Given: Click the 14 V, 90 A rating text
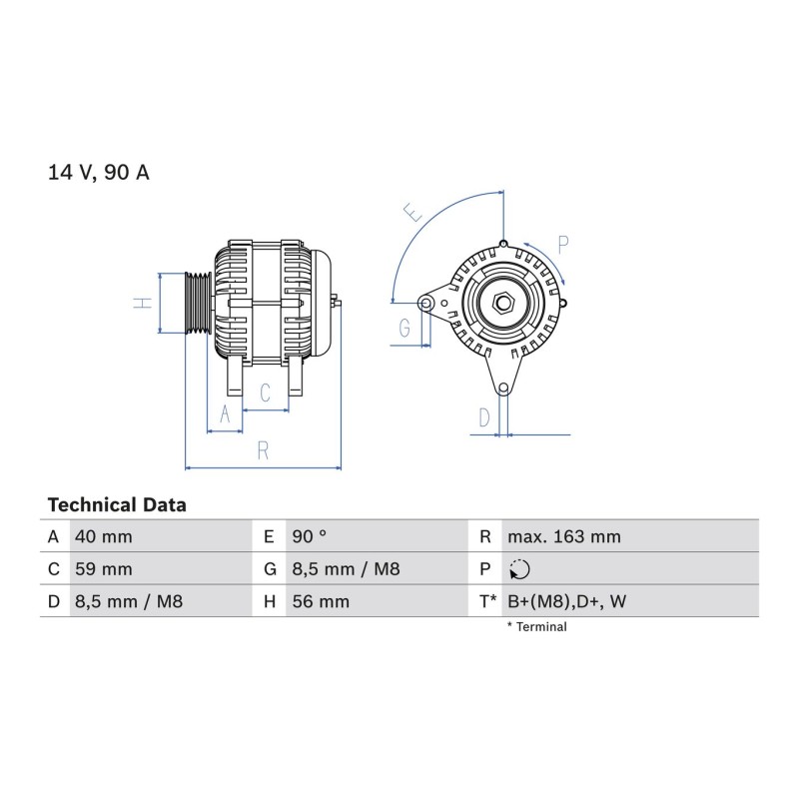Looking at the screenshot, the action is click(98, 172).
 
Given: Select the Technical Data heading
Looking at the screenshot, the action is click(117, 505).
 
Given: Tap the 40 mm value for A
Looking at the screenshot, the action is click(104, 536).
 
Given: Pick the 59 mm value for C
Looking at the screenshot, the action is click(104, 568).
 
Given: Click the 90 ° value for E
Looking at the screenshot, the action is click(310, 536).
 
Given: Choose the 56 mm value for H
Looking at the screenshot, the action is click(321, 601).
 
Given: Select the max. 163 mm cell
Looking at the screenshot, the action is click(564, 536).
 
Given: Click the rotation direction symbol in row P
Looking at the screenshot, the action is click(519, 569).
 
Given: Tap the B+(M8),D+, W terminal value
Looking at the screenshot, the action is click(567, 601).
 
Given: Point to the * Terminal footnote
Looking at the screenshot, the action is click(537, 627).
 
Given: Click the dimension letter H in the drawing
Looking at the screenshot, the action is click(143, 303).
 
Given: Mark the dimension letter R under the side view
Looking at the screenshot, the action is click(263, 450).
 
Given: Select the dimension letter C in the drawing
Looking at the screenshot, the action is click(265, 393).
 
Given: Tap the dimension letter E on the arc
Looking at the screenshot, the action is click(412, 212).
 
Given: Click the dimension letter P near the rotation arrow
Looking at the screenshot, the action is click(562, 245).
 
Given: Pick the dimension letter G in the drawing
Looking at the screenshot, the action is click(404, 328).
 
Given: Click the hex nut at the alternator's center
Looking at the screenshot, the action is click(503, 303).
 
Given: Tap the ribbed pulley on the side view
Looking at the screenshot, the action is click(198, 303).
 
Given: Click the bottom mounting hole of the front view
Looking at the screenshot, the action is click(503, 389).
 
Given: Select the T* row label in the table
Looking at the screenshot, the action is click(487, 601).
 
